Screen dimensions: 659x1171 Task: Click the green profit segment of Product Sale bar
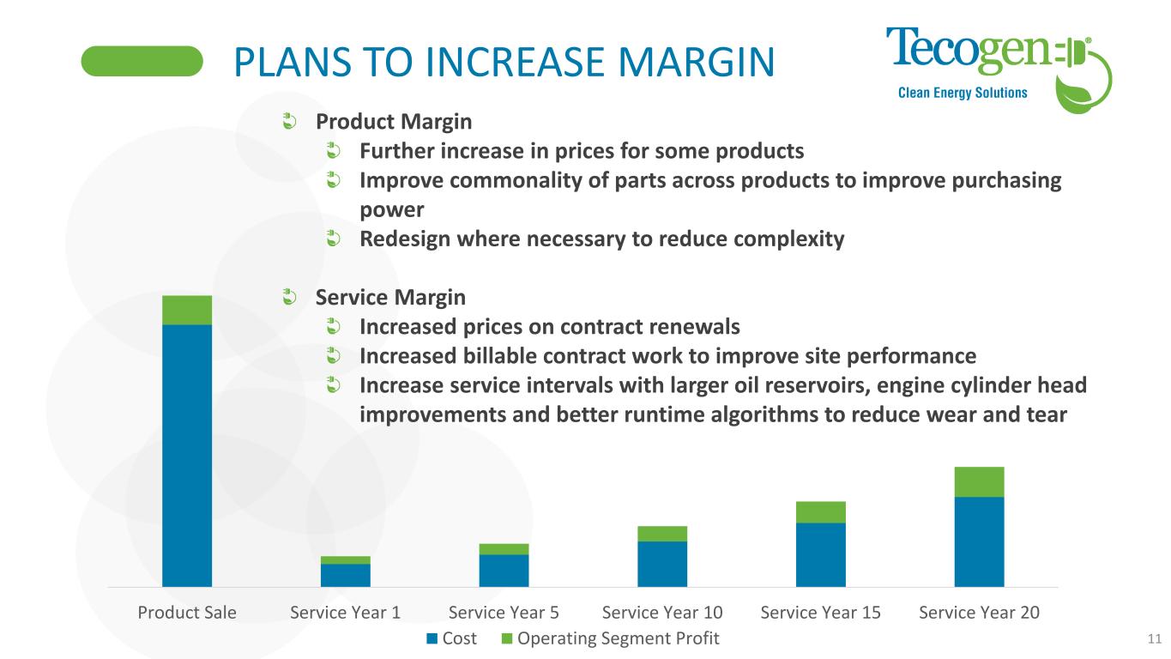pyautogui.click(x=187, y=310)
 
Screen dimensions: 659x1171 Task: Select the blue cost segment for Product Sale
pyautogui.click(x=187, y=455)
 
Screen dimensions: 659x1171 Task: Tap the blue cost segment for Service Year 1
pyautogui.click(x=346, y=575)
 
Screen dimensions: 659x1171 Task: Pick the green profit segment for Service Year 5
pyautogui.click(x=504, y=549)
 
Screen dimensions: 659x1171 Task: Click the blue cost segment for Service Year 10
pyautogui.click(x=662, y=564)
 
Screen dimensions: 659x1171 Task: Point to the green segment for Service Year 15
pyautogui.click(x=821, y=512)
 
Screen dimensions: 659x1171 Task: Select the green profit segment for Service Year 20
pyautogui.click(x=979, y=482)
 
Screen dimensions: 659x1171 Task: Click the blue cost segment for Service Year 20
pyautogui.click(x=979, y=541)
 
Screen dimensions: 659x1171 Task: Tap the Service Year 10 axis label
pyautogui.click(x=662, y=613)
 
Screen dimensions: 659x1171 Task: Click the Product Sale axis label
pyautogui.click(x=187, y=613)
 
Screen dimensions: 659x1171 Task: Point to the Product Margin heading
pyautogui.click(x=394, y=123)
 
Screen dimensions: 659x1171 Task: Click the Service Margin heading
pyautogui.click(x=391, y=298)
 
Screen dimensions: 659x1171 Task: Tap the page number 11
pyautogui.click(x=1153, y=638)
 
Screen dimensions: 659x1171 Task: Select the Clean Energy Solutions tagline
pyautogui.click(x=962, y=93)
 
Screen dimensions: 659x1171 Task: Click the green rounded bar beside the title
pyautogui.click(x=142, y=62)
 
